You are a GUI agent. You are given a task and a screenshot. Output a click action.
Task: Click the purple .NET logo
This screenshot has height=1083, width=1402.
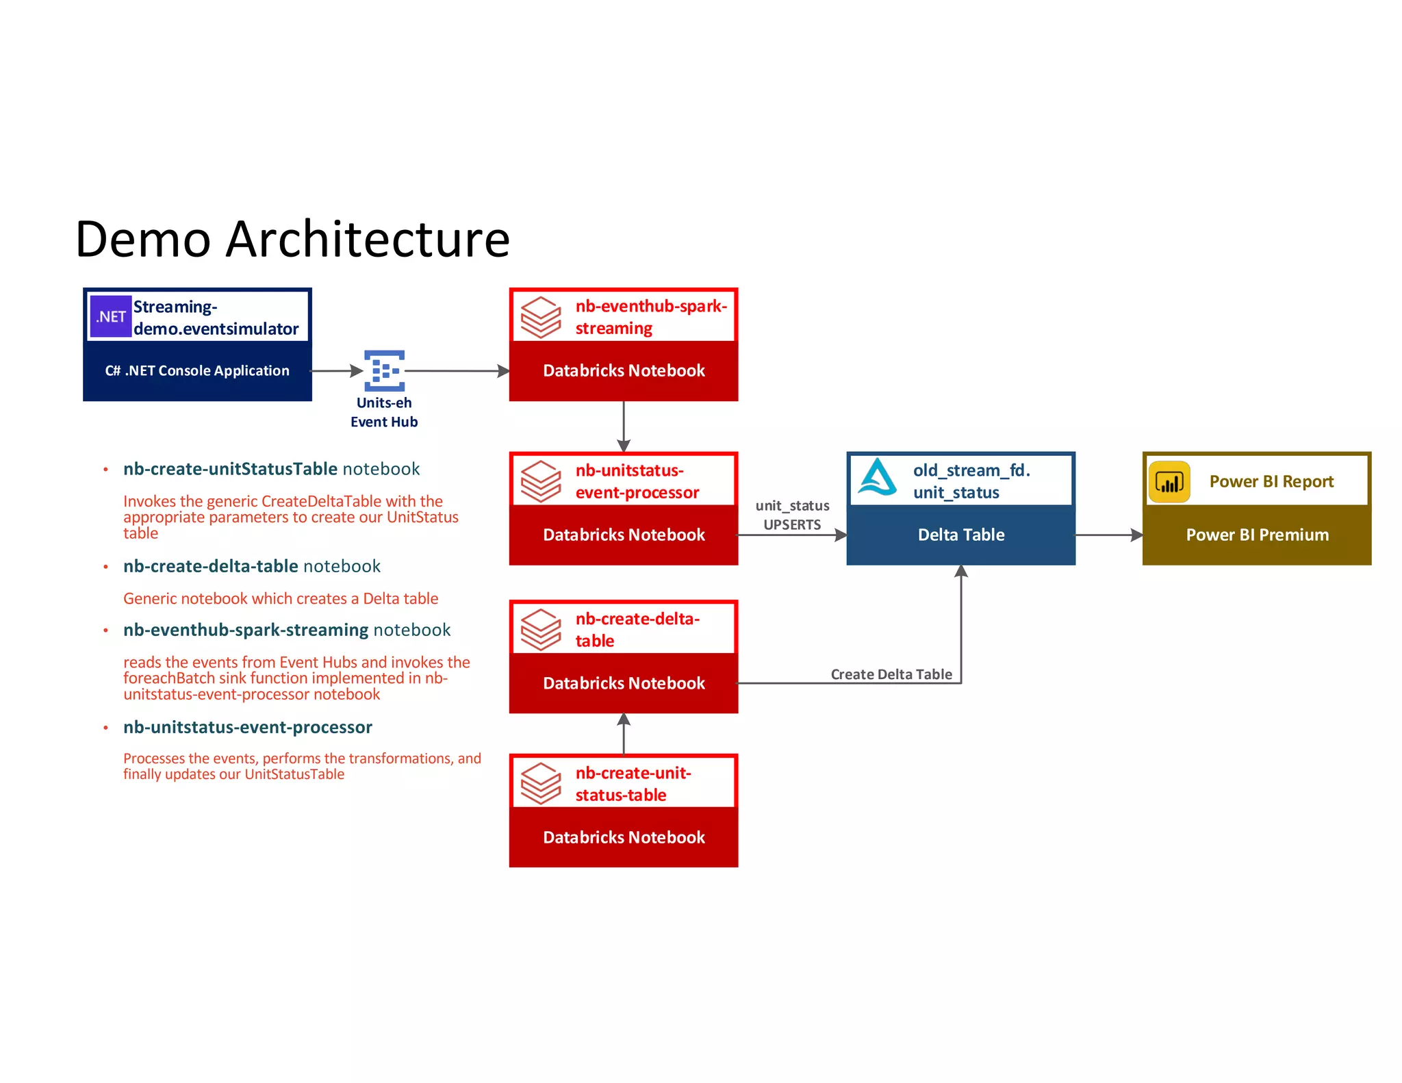[x=110, y=316]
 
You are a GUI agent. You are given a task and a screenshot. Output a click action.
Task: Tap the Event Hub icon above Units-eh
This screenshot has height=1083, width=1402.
[x=384, y=370]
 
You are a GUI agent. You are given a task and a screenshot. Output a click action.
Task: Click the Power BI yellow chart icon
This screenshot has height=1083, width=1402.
[x=1169, y=482]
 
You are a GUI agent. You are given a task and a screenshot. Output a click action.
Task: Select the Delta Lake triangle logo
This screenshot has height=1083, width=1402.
[x=878, y=477]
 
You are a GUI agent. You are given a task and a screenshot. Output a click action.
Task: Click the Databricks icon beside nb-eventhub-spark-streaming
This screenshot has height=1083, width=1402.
[x=540, y=317]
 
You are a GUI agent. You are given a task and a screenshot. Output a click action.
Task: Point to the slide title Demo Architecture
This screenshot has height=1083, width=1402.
[x=292, y=239]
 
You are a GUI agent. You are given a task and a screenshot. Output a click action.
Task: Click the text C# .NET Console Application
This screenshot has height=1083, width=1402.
[x=197, y=370]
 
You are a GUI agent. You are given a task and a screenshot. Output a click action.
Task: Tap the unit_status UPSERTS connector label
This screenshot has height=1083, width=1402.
[x=792, y=515]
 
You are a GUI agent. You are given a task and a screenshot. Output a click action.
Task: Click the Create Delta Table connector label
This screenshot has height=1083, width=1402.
[x=891, y=674]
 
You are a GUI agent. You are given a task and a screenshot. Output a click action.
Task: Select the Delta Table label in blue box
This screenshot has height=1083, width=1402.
[x=960, y=535]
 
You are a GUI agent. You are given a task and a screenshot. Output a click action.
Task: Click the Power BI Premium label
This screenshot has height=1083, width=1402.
[x=1257, y=535]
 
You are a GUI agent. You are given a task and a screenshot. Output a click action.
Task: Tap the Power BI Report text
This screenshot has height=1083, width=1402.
[x=1271, y=481]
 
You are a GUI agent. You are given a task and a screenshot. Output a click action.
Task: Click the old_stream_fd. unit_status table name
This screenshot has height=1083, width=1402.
[x=971, y=481]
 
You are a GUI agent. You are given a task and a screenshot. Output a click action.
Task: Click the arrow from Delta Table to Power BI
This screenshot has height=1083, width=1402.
[x=1108, y=535]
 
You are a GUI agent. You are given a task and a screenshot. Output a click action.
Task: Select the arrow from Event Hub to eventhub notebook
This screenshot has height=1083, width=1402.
[x=457, y=371]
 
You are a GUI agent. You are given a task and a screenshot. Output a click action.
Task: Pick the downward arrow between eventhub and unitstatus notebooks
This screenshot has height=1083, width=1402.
[x=624, y=426]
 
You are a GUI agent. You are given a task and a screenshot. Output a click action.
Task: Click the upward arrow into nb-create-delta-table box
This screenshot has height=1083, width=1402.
[x=624, y=733]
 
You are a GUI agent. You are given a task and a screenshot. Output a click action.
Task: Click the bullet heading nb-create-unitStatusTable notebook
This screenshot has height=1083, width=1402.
[x=271, y=469]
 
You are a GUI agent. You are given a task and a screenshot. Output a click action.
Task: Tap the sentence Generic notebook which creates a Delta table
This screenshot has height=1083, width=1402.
[x=281, y=598]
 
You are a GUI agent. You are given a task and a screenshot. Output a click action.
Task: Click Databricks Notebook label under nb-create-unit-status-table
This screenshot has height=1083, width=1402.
[x=624, y=837]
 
